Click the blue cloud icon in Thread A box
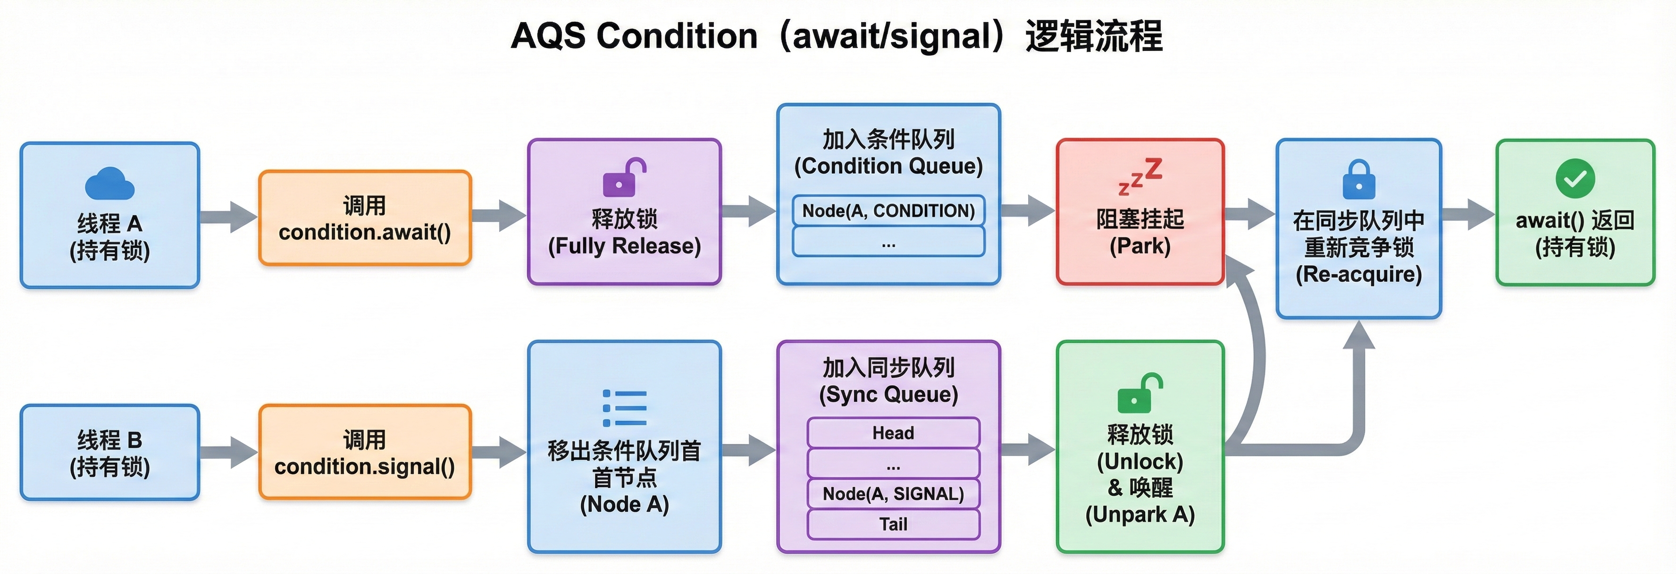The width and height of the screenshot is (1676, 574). coord(109,184)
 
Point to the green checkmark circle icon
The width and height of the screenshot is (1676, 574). coord(1575,177)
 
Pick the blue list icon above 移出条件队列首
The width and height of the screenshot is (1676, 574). coord(624,408)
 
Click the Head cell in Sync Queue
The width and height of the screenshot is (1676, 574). coord(893,433)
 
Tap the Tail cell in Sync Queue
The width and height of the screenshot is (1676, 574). coord(893,524)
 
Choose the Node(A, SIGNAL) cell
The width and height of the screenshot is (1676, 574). coord(893,494)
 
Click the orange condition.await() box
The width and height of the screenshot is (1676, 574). coord(364,218)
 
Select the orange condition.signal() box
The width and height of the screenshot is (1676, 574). coord(364,452)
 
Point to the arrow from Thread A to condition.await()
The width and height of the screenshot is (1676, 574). coord(228,217)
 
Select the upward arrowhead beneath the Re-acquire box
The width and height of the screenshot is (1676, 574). coord(1358,335)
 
